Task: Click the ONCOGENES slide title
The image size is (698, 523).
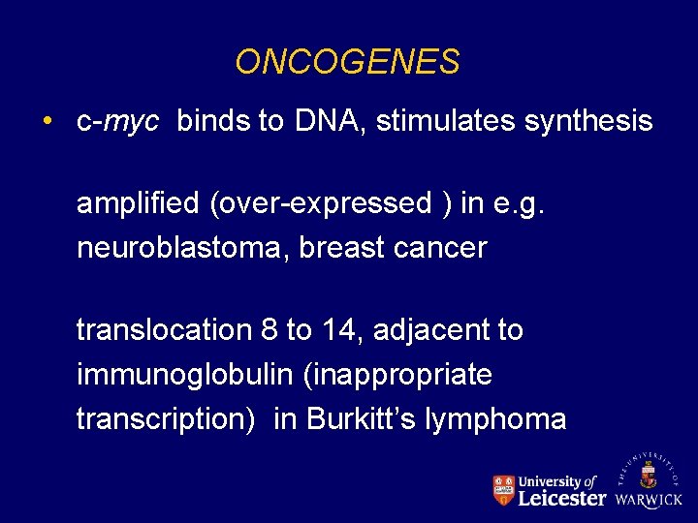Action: coord(347,63)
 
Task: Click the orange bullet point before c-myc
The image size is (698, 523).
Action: coord(47,122)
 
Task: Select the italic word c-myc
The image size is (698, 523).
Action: coord(117,122)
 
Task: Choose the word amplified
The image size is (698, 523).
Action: coord(138,204)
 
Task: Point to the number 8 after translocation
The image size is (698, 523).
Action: coord(269,331)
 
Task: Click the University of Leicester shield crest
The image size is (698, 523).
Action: coord(502,490)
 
